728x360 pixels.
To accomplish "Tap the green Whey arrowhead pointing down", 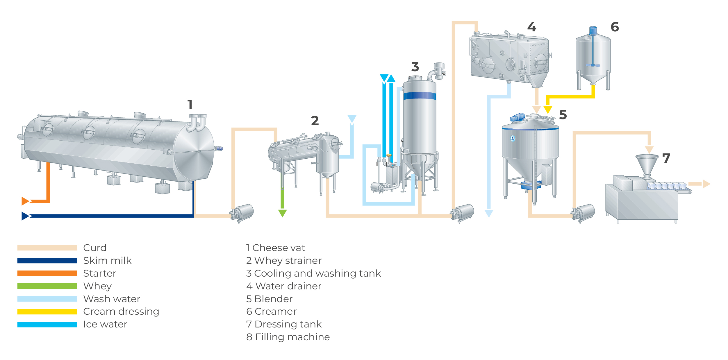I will click(282, 213).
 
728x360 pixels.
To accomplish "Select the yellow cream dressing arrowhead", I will click(548, 110).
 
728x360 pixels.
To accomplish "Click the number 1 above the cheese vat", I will click(190, 105).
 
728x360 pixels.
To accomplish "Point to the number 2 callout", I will click(315, 121).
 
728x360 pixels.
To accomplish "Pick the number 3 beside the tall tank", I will click(415, 67).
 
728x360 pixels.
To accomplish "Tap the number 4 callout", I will click(532, 27).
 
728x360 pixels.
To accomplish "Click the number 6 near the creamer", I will click(615, 27).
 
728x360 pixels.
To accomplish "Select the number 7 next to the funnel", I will click(666, 158).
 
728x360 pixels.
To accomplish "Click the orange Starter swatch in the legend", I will click(47, 273).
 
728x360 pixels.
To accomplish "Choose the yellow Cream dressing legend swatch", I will click(47, 312).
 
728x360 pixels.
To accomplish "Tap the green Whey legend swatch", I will click(47, 286).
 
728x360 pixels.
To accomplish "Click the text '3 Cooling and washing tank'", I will click(313, 273).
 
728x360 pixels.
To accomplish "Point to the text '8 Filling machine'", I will click(288, 337).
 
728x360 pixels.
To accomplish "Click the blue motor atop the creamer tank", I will click(593, 30).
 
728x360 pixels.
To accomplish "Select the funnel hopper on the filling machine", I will click(647, 164).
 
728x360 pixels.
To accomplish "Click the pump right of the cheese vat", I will click(242, 213).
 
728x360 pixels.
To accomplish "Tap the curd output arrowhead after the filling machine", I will click(706, 184).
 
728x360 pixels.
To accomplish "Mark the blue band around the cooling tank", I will click(420, 96).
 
